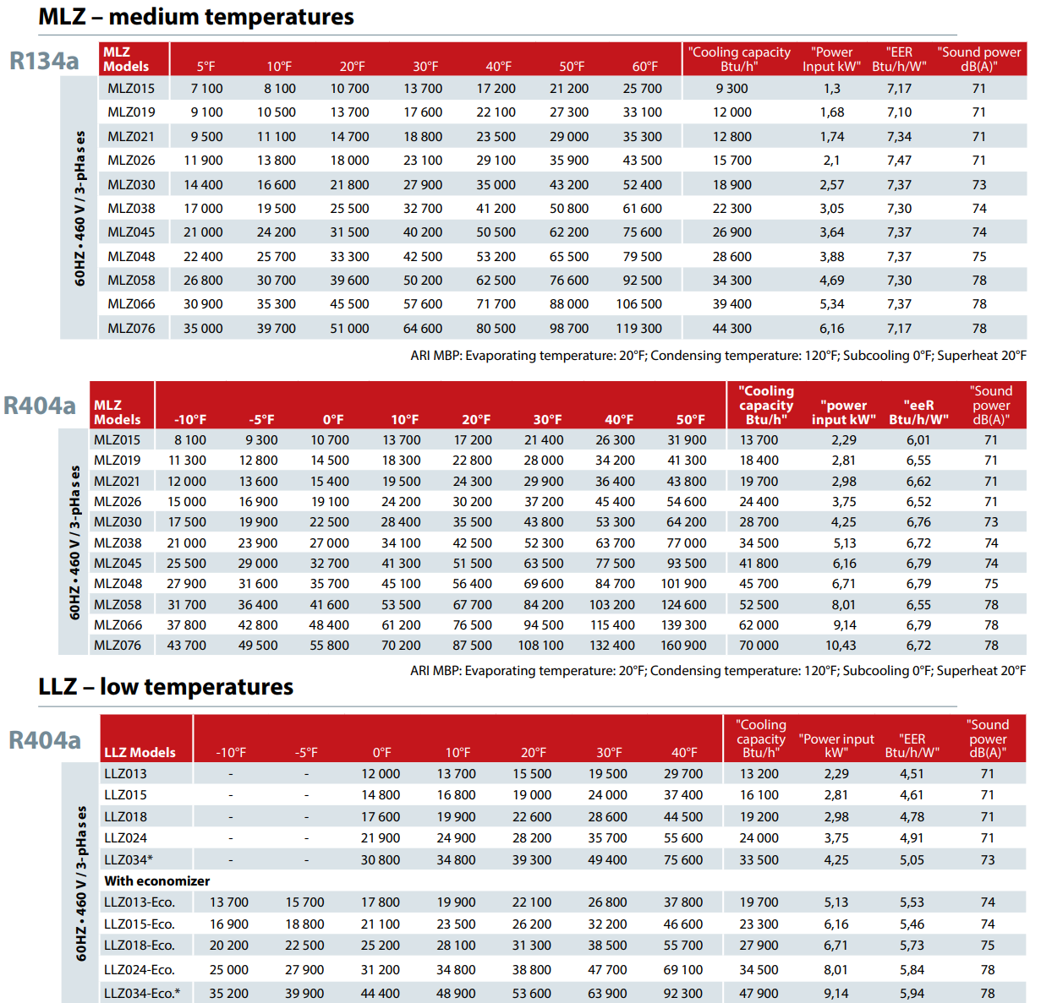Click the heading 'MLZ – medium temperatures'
[x=196, y=16]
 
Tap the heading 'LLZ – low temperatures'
[x=166, y=686]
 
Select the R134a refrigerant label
[x=44, y=60]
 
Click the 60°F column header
[x=644, y=66]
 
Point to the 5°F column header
[x=205, y=66]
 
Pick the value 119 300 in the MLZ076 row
[x=638, y=328]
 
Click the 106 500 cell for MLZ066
[x=638, y=303]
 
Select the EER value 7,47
[x=899, y=161]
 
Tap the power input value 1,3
[x=831, y=89]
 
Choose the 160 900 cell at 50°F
[x=683, y=646]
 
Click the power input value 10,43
[x=841, y=646]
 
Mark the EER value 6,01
[x=918, y=440]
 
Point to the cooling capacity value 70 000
[x=759, y=646]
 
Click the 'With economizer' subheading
[x=156, y=880]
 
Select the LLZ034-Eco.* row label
[x=142, y=994]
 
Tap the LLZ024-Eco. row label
[x=140, y=969]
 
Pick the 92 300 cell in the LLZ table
[x=682, y=994]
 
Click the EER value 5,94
[x=912, y=994]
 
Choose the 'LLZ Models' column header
[x=140, y=752]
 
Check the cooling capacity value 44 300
[x=731, y=328]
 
